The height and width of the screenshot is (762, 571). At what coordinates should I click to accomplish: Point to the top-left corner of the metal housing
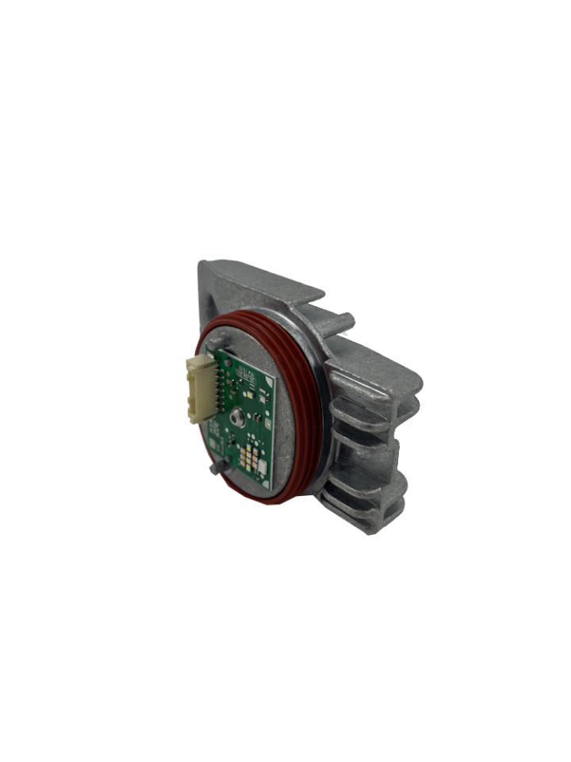point(203,267)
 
